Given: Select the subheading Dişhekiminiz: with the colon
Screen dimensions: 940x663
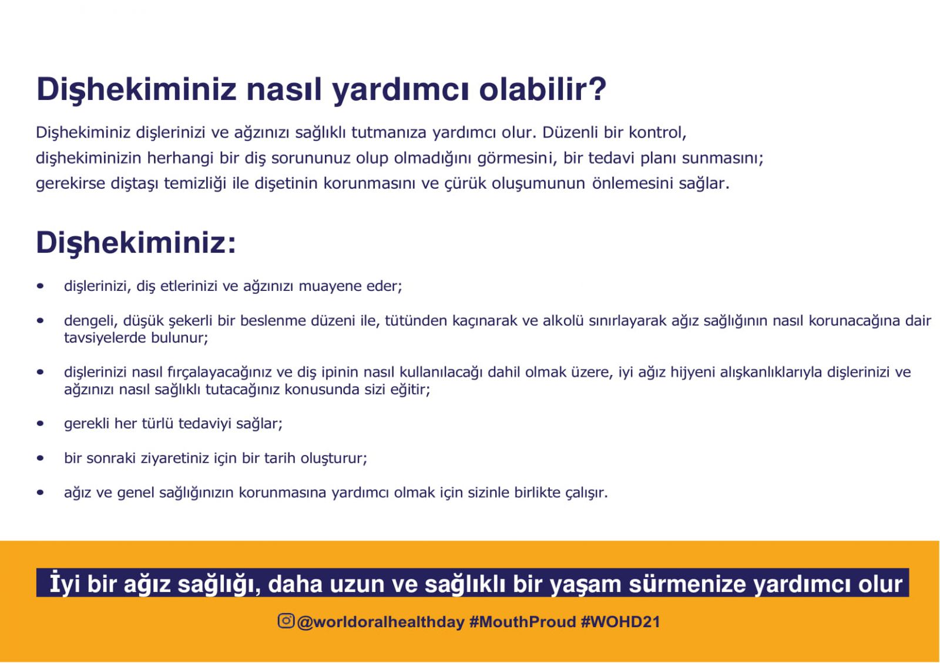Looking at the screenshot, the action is pos(136,243).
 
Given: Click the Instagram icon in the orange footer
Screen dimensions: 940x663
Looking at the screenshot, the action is pos(286,621).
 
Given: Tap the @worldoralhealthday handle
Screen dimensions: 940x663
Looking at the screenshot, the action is pos(381,622).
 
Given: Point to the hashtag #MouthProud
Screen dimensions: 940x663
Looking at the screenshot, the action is pos(522,622).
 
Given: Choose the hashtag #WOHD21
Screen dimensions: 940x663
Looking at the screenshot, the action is pos(620,622).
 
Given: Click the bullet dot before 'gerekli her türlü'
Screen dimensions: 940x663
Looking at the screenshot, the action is pos(41,423).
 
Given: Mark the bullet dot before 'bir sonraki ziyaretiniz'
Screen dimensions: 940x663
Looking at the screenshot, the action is pos(41,458).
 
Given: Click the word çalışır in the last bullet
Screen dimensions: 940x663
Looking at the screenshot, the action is pos(586,493).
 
